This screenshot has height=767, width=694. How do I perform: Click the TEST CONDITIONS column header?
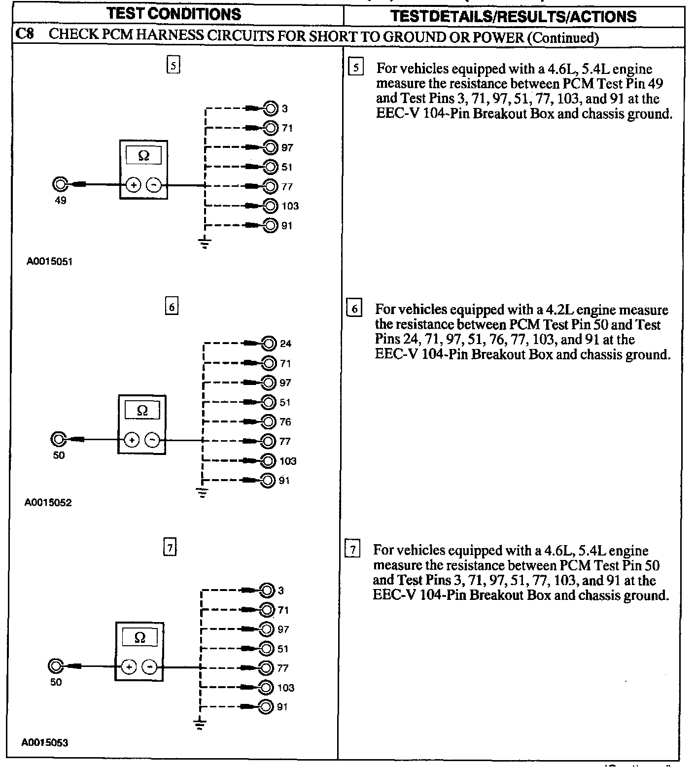174,13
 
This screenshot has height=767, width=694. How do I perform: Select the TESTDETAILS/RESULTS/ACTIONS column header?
513,16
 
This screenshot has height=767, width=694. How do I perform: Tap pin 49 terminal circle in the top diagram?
60,185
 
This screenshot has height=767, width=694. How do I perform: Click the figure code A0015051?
49,262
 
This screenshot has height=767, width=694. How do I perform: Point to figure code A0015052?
48,503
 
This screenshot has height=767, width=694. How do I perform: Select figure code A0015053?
45,742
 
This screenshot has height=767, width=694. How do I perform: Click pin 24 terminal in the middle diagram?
269,344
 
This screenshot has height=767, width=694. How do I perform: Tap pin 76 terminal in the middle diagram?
269,421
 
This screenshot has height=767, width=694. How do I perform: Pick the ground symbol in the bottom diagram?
200,724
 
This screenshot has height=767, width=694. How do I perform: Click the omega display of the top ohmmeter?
143,156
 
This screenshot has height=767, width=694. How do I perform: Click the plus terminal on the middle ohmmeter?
132,439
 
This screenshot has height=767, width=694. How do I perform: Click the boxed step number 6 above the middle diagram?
171,307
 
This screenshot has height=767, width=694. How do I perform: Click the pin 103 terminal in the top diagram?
270,206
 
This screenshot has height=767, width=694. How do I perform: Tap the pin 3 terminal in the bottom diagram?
267,590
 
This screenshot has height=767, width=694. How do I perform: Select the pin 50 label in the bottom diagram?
56,682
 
